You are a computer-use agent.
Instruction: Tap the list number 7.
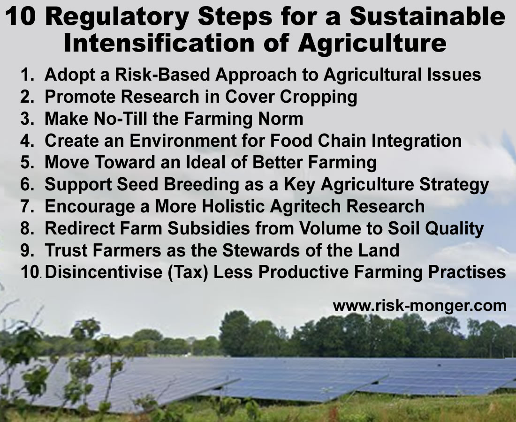click(26, 206)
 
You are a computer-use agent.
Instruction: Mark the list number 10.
click(30, 272)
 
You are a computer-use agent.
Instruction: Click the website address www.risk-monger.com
click(420, 306)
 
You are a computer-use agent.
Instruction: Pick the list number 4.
click(26, 141)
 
